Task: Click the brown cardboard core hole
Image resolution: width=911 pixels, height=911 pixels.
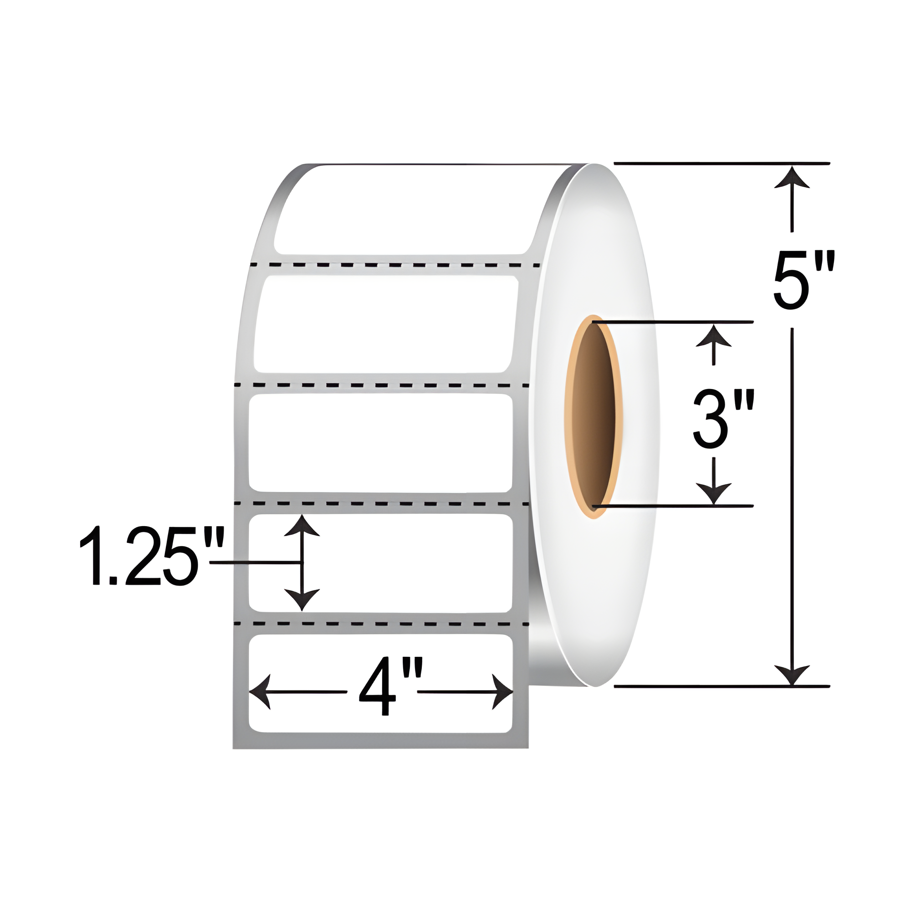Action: pyautogui.click(x=594, y=417)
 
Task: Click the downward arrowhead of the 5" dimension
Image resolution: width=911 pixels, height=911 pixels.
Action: pyautogui.click(x=792, y=674)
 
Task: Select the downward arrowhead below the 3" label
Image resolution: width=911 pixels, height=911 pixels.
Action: pyautogui.click(x=713, y=493)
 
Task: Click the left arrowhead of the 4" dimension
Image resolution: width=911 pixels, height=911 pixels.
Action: pyautogui.click(x=260, y=692)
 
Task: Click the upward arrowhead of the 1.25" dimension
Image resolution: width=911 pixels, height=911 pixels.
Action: pyautogui.click(x=302, y=526)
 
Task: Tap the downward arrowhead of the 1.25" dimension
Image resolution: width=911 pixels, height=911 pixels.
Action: pyautogui.click(x=302, y=600)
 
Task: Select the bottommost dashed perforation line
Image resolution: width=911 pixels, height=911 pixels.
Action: pyautogui.click(x=382, y=624)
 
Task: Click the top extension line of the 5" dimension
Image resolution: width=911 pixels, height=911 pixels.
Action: pyautogui.click(x=722, y=164)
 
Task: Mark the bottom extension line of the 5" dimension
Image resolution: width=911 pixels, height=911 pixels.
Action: pyautogui.click(x=722, y=686)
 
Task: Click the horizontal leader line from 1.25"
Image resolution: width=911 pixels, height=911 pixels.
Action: pyautogui.click(x=255, y=563)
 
